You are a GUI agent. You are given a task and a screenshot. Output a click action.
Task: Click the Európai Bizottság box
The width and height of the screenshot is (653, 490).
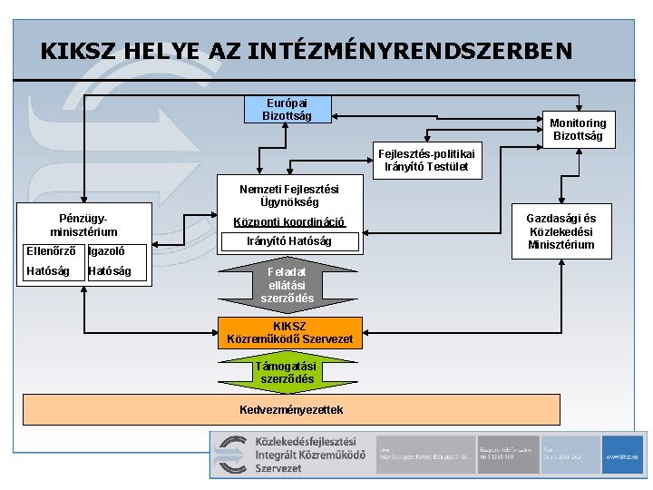click(287, 109)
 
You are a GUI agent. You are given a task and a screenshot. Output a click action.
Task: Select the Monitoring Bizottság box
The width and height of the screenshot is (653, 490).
click(577, 130)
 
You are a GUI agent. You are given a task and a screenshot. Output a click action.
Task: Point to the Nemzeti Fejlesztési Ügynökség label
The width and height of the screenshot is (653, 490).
click(288, 195)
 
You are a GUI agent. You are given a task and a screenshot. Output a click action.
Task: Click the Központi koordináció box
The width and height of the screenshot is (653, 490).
click(288, 222)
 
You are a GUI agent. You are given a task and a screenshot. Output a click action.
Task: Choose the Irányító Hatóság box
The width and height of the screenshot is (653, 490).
click(288, 241)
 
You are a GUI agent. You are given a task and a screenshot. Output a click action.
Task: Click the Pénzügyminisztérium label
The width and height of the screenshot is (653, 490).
click(83, 225)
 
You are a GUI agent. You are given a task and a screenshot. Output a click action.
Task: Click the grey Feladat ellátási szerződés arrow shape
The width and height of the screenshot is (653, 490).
click(288, 285)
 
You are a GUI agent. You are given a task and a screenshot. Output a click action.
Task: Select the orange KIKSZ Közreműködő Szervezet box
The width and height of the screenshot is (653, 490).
click(290, 333)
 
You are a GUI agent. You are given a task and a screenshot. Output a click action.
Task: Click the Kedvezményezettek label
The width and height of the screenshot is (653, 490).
click(290, 409)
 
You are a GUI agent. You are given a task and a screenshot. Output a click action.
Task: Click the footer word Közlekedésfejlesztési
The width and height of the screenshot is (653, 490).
click(310, 441)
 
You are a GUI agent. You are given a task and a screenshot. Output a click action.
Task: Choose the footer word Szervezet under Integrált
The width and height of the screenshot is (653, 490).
click(278, 468)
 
